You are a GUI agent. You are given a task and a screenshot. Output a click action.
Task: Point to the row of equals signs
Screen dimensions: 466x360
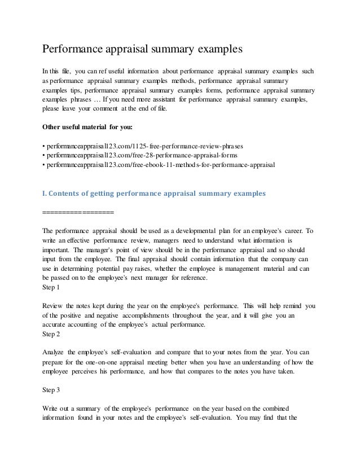pyautogui.click(x=78, y=213)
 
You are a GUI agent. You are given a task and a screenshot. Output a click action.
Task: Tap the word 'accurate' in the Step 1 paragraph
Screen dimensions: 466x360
pyautogui.click(x=56, y=324)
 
